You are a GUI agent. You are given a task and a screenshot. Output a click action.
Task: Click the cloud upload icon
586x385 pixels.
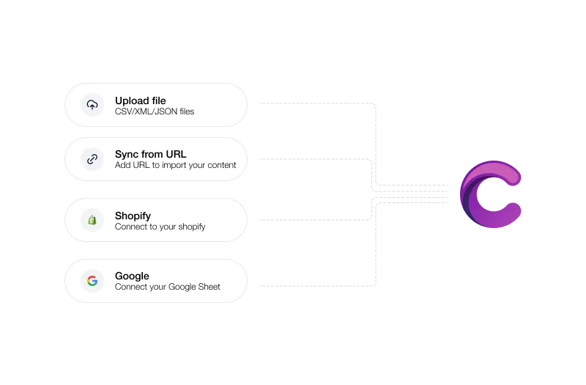[x=92, y=105]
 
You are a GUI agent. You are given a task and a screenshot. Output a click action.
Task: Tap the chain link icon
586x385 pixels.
[x=92, y=159]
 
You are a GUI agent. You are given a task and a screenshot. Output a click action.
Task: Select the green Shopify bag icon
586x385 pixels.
[x=92, y=220]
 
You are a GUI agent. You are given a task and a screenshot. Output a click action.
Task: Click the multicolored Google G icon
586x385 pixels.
[x=92, y=281]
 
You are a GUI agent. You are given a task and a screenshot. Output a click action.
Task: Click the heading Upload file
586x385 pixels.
[x=140, y=100]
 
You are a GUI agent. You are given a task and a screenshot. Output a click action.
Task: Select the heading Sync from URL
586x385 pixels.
[x=151, y=154]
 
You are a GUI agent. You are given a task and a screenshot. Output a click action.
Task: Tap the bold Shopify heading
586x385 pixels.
[x=133, y=216]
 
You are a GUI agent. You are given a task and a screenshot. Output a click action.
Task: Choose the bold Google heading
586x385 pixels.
[x=132, y=276]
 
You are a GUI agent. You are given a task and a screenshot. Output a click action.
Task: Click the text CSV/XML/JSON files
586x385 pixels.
[x=155, y=111]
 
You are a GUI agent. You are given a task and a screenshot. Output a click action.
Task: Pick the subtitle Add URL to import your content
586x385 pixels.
[x=175, y=165]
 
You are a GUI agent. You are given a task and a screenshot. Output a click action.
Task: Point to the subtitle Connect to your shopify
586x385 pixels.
[x=160, y=227]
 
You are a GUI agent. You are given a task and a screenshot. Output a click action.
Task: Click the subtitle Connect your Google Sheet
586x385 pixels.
[x=168, y=287]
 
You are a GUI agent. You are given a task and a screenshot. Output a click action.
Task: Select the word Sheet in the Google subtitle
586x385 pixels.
[x=209, y=287]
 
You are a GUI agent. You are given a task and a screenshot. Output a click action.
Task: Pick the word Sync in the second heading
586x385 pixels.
[x=127, y=155]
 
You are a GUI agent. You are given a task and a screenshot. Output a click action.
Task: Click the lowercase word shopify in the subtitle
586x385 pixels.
[x=192, y=227]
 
